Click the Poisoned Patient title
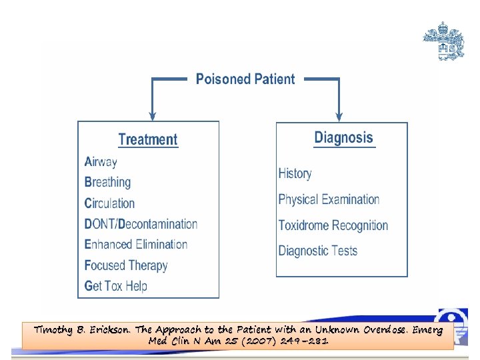245,79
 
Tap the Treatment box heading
147,140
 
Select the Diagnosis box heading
343,138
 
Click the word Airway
101,161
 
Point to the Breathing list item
107,182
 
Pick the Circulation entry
109,203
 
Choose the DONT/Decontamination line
141,224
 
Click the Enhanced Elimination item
136,245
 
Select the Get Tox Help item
115,286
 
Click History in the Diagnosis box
295,173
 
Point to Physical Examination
329,199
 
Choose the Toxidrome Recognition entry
333,225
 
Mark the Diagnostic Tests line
317,251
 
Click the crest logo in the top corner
443,41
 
